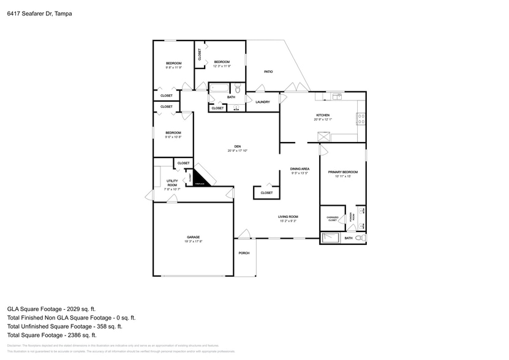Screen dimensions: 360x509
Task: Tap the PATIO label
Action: click(268, 72)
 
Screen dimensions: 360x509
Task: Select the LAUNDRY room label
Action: click(263, 102)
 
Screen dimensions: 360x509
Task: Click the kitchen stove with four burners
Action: click(361, 116)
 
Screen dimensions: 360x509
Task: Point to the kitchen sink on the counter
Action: click(337, 96)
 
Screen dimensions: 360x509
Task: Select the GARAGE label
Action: click(193, 237)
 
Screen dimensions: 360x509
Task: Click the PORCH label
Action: click(244, 253)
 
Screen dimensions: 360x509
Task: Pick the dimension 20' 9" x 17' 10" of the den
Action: click(237, 151)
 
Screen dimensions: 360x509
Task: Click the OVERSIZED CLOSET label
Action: click(333, 219)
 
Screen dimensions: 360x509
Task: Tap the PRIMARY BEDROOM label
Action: click(342, 172)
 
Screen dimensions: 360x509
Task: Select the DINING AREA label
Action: click(299, 169)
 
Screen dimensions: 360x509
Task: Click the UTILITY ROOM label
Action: click(172, 182)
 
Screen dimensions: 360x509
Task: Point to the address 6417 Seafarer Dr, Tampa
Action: click(36, 13)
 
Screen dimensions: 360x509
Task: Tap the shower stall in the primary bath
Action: click(331, 238)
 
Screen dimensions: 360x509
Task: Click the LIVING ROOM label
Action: click(288, 217)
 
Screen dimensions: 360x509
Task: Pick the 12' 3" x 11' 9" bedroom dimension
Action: click(221, 66)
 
